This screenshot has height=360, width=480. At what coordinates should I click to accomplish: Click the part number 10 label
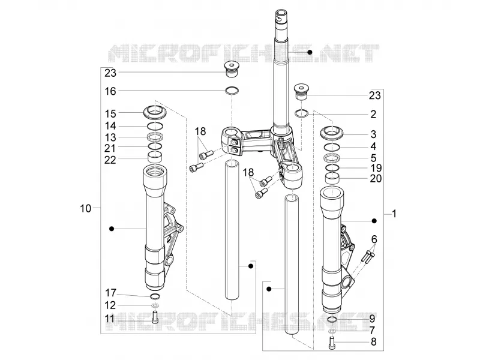86,208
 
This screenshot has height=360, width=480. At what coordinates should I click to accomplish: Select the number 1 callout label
394,214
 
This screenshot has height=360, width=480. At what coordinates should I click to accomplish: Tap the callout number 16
110,91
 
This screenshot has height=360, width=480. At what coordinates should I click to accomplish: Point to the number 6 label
374,239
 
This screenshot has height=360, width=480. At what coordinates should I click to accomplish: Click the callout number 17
111,293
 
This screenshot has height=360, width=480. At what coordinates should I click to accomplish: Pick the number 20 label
376,178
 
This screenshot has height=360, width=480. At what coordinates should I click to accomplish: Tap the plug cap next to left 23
232,70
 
